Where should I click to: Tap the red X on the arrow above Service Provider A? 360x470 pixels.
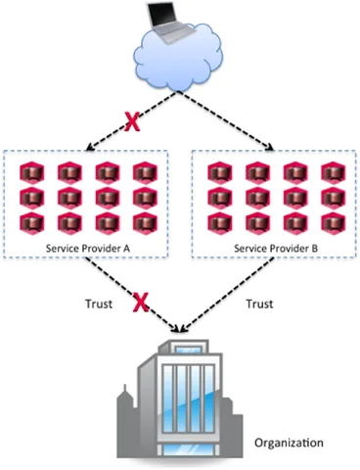pos(132,121)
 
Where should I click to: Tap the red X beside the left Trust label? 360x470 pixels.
pos(141,302)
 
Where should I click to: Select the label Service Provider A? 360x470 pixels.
pos(88,249)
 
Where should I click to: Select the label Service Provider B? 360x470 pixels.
pos(276,249)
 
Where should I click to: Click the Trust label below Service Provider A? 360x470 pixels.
pos(99,304)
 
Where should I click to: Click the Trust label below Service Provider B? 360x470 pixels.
pos(259,304)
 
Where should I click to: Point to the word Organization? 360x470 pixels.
pos(289,443)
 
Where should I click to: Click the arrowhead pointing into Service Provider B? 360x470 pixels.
pos(269,148)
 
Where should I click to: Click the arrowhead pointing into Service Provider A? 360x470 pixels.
pos(89,148)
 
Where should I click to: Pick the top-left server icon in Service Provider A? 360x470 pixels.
pos(32,173)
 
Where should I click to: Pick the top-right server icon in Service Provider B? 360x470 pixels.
pos(334,173)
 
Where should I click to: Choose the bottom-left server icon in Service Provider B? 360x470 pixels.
pos(220,223)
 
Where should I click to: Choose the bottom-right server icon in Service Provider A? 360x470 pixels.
pos(145,223)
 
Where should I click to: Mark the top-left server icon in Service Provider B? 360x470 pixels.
pos(220,173)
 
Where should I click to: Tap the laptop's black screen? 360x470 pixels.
pos(162,16)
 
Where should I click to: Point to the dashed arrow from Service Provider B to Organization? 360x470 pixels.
pos(228,293)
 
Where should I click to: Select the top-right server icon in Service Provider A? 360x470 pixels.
pos(145,173)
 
